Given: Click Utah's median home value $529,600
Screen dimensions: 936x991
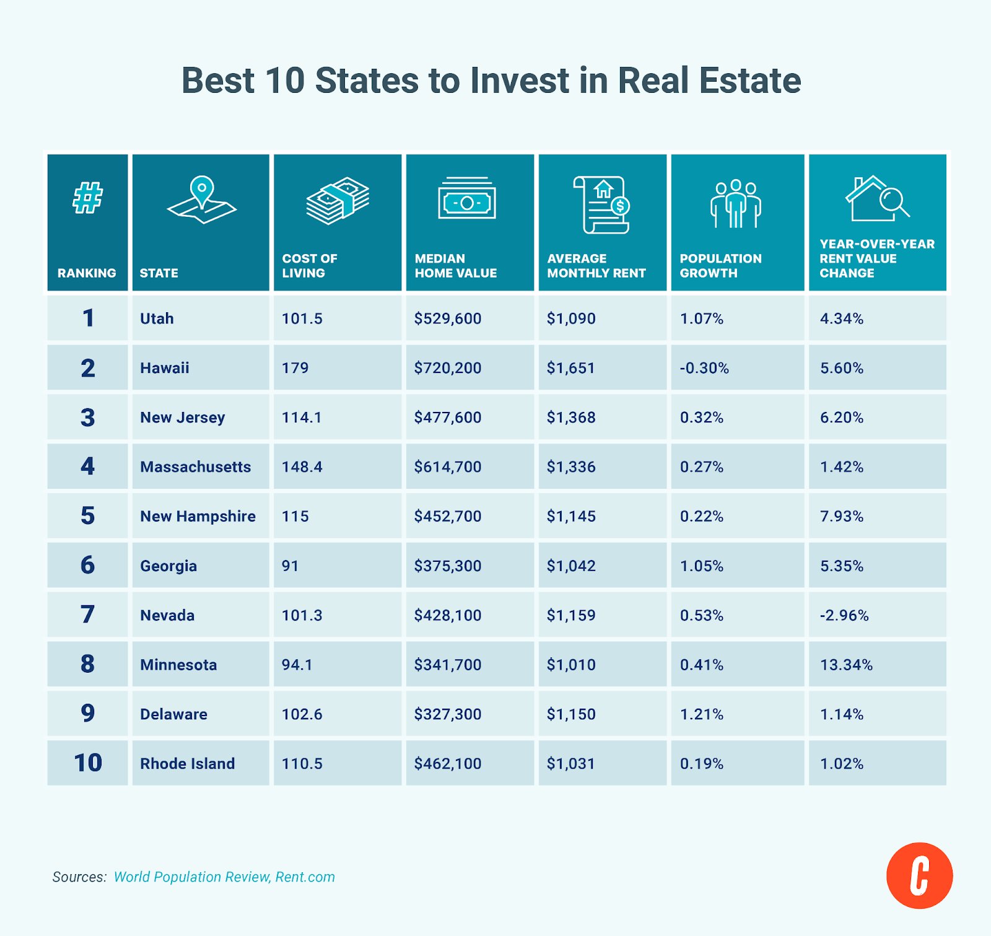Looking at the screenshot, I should pos(447,318).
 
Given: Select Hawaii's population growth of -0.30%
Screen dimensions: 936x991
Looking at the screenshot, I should pos(704,368).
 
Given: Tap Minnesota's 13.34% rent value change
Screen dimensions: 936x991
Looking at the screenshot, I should pos(846,665).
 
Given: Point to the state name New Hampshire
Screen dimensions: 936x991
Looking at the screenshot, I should pos(198,516).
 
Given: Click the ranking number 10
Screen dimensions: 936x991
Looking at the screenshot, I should pos(87,763).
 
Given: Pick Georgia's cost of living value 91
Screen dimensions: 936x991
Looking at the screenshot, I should pos(290,566).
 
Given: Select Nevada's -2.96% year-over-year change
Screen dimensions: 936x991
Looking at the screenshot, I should pos(844,615).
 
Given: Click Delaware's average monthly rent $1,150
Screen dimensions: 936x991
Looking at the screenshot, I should pos(570,714).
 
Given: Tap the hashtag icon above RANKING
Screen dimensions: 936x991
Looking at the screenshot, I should pos(87,198).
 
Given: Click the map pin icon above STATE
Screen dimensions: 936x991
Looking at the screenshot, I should pos(201,199).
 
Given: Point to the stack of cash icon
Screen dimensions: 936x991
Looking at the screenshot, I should pos(338,200).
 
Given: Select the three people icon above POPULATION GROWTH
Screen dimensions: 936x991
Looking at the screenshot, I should pos(735,204).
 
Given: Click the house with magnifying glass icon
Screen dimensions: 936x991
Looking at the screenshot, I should pos(876,199).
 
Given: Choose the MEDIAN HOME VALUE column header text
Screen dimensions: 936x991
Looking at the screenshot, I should pos(455,266).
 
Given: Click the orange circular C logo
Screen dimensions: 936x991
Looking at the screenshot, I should pos(919,875).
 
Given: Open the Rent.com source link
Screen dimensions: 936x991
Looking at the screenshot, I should pos(305,877).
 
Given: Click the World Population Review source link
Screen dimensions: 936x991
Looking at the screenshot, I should pos(191,877).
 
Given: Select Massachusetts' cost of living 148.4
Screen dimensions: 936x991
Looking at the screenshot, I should pos(302,466).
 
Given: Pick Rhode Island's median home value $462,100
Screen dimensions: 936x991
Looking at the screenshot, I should pos(447,764).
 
